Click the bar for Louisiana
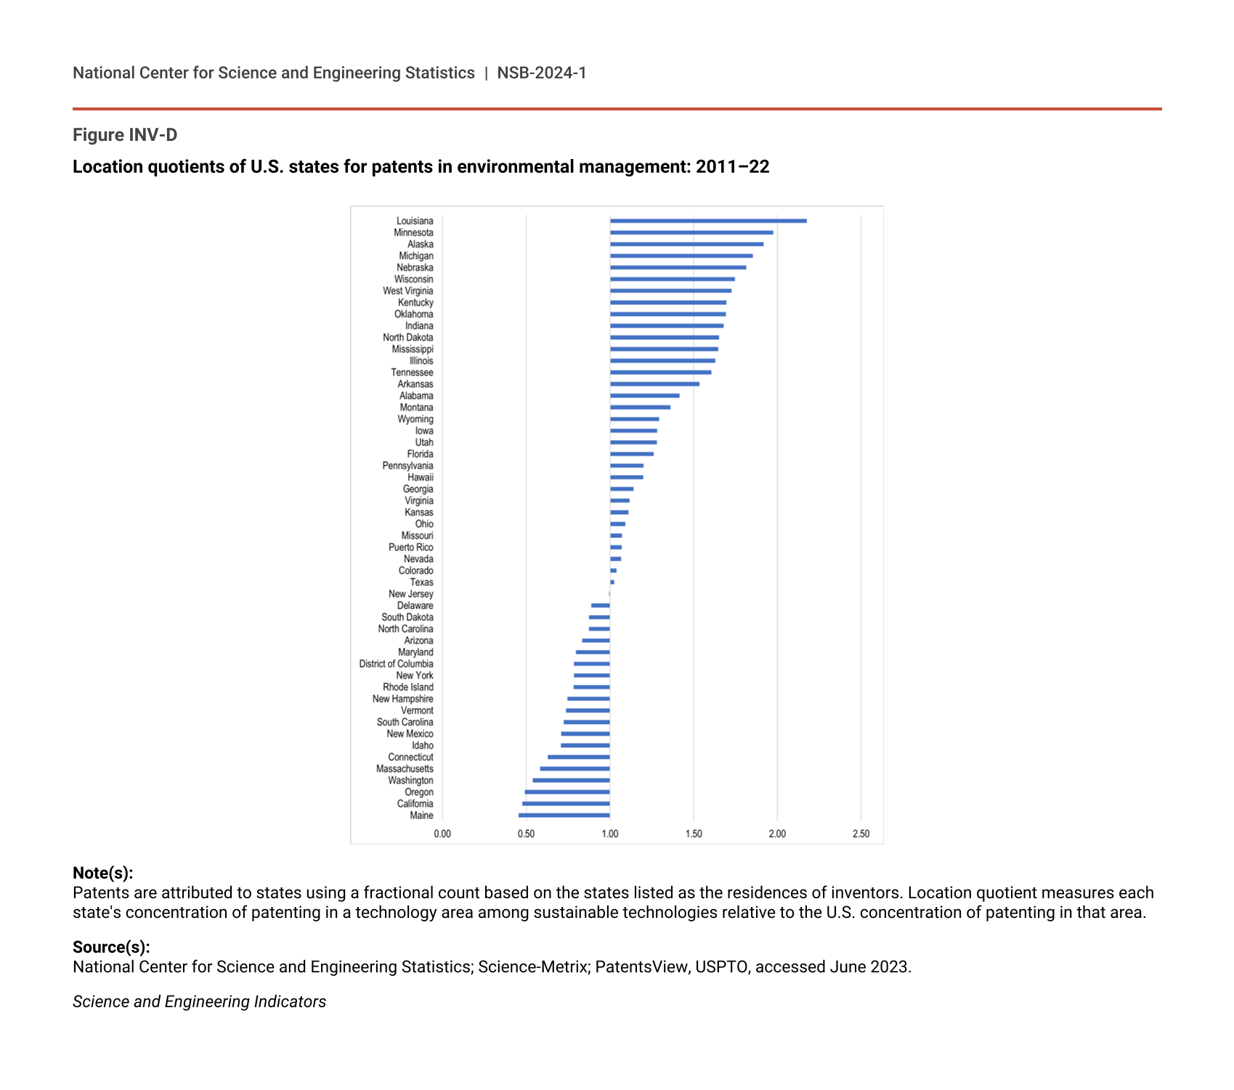click(x=708, y=221)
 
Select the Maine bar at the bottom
click(x=564, y=816)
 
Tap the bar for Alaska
click(x=686, y=244)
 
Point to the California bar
click(x=566, y=804)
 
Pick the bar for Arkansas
click(x=654, y=384)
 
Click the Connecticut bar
click(x=579, y=757)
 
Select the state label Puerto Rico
click(x=410, y=548)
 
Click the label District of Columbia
click(x=396, y=664)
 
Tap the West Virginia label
click(x=407, y=291)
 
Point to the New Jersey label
click(x=410, y=594)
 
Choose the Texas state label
click(x=421, y=582)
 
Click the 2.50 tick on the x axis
click(x=861, y=834)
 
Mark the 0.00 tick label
click(x=442, y=834)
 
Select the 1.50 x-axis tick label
click(x=694, y=834)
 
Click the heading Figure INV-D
click(x=125, y=135)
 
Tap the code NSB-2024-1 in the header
click(x=542, y=73)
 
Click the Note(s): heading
click(x=102, y=873)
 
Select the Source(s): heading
click(x=111, y=947)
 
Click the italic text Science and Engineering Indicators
click(x=199, y=1001)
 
